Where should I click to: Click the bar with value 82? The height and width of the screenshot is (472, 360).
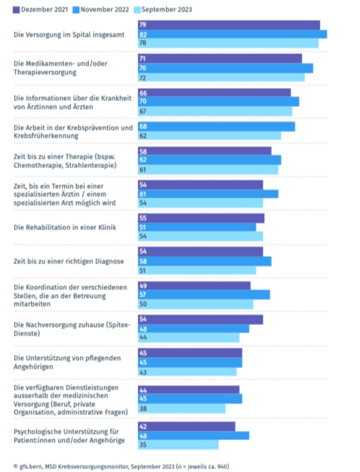(232, 34)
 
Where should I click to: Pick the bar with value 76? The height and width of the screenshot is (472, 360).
(226, 68)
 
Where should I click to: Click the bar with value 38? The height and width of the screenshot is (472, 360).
(182, 409)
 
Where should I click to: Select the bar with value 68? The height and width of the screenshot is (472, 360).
(217, 126)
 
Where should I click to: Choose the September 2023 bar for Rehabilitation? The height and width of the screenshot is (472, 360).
(200, 237)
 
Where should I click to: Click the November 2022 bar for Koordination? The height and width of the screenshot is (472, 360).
(204, 294)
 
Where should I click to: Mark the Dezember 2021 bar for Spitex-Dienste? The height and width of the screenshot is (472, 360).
(200, 319)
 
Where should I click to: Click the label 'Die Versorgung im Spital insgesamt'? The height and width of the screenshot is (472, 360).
(69, 34)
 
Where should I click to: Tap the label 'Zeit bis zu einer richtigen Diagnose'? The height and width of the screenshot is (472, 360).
(69, 261)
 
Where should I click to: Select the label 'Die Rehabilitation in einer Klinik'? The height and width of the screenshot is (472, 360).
(65, 227)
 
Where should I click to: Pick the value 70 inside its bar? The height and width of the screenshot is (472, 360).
(143, 102)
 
